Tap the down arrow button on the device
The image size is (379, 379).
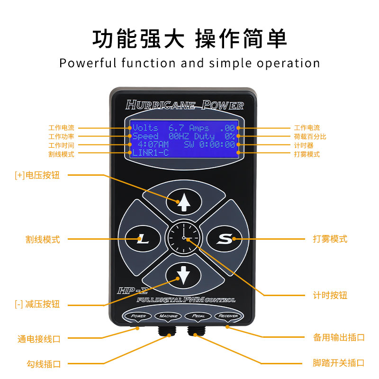click(183, 274)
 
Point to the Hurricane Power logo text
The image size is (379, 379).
click(184, 105)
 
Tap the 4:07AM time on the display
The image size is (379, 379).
click(153, 144)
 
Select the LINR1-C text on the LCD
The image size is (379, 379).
click(151, 153)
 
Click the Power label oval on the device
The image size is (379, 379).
click(138, 316)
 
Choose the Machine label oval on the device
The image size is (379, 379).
click(168, 316)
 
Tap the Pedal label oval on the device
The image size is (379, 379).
click(198, 316)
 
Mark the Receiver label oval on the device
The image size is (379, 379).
click(228, 316)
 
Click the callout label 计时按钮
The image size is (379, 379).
click(330, 295)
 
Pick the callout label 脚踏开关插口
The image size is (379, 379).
click(339, 363)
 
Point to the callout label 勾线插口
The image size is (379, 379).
click(44, 364)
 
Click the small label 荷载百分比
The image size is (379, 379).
click(310, 136)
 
